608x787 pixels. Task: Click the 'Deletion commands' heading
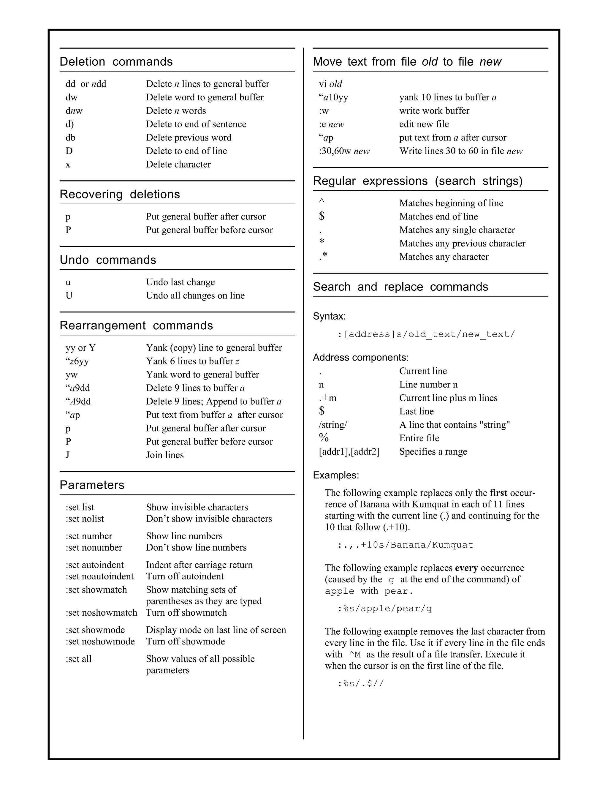[116, 61]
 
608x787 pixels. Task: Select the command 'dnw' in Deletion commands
[74, 111]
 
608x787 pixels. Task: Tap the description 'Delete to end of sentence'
[196, 124]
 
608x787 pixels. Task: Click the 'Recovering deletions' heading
[120, 194]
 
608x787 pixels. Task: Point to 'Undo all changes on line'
[195, 295]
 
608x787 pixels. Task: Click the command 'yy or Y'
[81, 348]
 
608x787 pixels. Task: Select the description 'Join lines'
[164, 455]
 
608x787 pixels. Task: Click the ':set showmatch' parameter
[96, 590]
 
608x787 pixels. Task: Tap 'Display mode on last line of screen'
[216, 630]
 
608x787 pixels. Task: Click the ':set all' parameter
[78, 659]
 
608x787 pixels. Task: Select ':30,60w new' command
[344, 151]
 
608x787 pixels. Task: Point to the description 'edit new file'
[424, 124]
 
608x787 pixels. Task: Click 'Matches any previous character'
[462, 243]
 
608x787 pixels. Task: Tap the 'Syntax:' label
[329, 316]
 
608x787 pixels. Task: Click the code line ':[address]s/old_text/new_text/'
[426, 334]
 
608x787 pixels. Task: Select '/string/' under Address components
[333, 425]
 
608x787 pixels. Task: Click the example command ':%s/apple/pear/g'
[385, 609]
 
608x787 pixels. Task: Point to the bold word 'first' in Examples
[498, 493]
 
